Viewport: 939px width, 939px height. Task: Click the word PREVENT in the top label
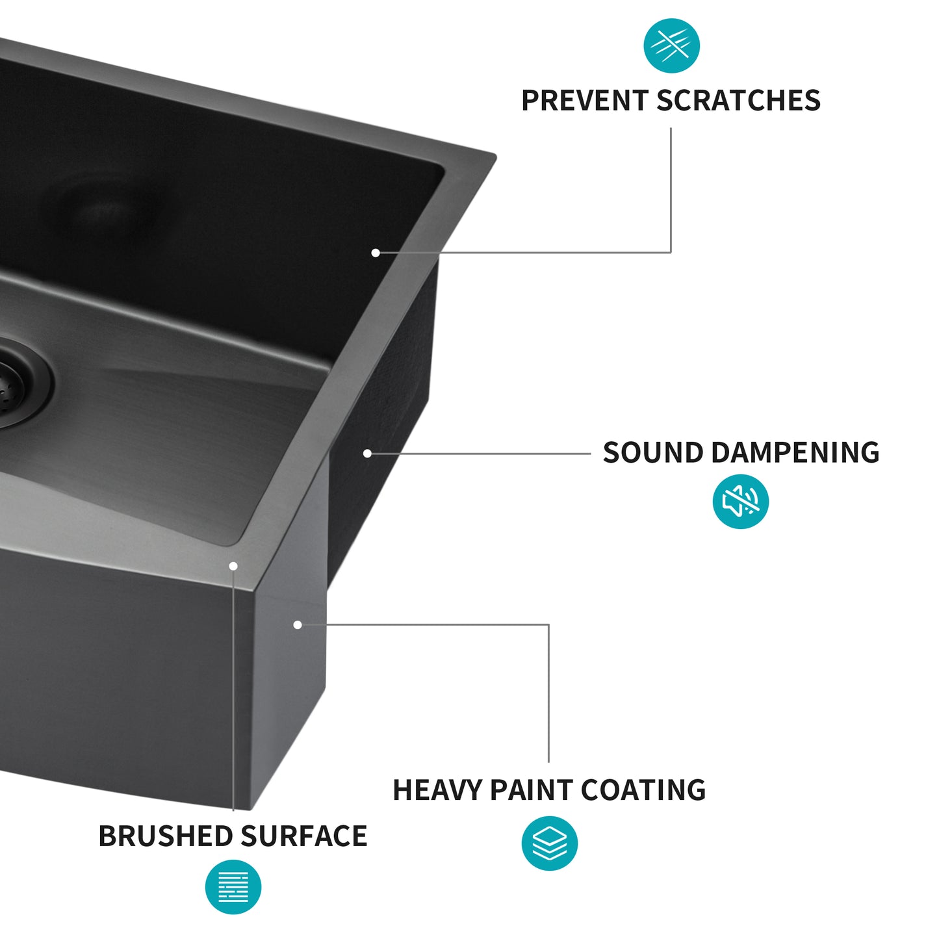click(x=585, y=101)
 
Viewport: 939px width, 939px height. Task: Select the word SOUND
click(x=652, y=453)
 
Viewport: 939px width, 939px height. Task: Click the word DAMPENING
click(x=795, y=453)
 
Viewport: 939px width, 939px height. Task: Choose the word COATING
click(x=643, y=790)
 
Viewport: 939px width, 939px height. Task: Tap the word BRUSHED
click(x=165, y=836)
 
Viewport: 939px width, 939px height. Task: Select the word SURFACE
click(x=303, y=836)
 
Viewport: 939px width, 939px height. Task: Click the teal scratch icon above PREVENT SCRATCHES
click(x=671, y=45)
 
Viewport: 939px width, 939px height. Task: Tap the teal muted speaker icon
click(x=740, y=501)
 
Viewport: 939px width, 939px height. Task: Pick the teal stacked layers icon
click(x=549, y=843)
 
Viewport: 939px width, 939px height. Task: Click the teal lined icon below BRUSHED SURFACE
click(x=233, y=887)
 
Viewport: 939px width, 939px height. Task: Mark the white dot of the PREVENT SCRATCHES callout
click(x=376, y=253)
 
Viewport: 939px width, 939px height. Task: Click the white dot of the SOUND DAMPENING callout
click(x=367, y=454)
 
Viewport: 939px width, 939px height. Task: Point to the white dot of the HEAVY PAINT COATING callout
click(x=298, y=625)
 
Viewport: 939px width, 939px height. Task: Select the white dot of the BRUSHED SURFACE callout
click(x=233, y=566)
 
